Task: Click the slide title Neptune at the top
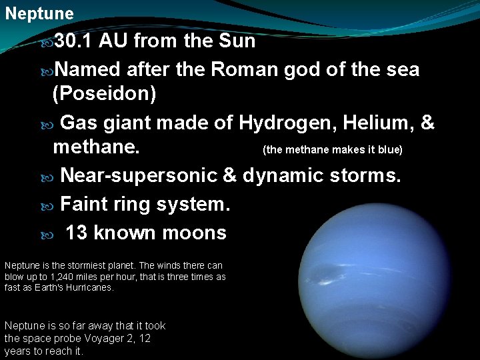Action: click(x=39, y=13)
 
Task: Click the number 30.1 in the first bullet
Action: click(x=75, y=41)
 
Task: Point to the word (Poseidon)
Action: click(x=105, y=94)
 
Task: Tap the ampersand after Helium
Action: click(x=428, y=123)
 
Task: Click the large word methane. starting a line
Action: click(x=97, y=147)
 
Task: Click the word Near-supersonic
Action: click(x=139, y=175)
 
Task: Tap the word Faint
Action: click(x=84, y=204)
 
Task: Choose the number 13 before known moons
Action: click(x=77, y=233)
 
